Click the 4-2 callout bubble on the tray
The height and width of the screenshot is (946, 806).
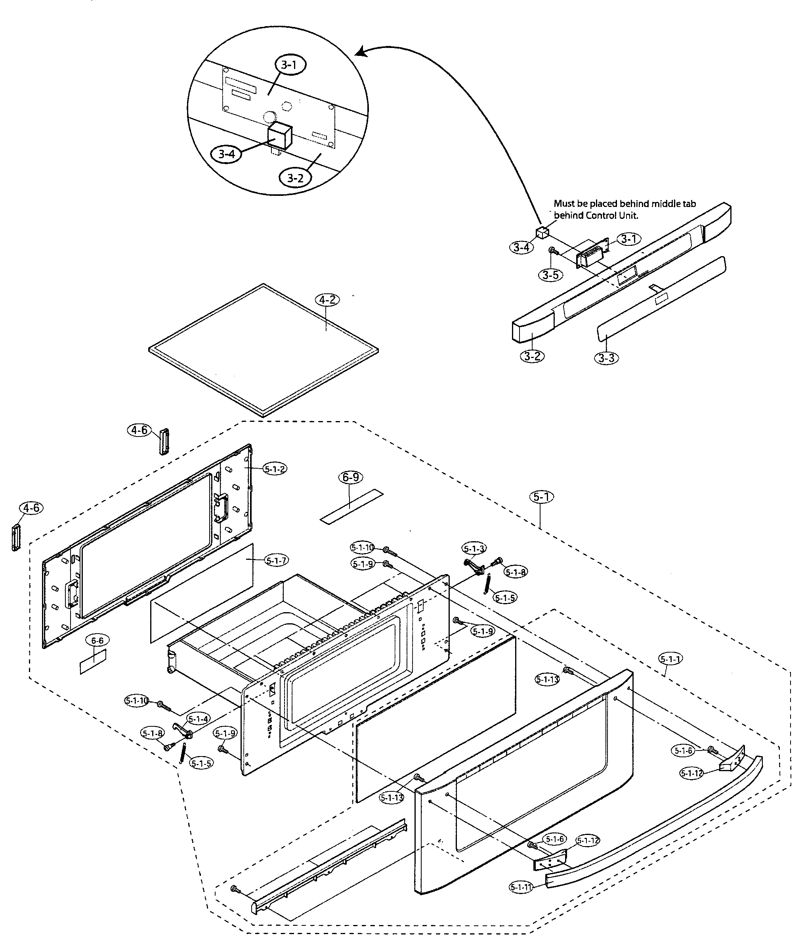(327, 300)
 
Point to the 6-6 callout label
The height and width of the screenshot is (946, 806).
(97, 641)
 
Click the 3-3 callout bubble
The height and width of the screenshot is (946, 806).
(607, 358)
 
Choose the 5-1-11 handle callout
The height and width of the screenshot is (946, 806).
(521, 887)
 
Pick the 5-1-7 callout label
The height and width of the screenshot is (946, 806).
(276, 560)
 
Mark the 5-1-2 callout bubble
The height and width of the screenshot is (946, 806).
(274, 468)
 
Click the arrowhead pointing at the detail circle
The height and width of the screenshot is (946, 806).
(361, 52)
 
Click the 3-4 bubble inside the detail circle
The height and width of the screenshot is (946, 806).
(226, 154)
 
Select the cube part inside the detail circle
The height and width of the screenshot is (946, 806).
(279, 136)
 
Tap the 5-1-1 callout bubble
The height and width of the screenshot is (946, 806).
(670, 659)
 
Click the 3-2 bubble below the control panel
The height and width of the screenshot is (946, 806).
(532, 356)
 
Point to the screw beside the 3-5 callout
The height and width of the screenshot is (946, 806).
(552, 250)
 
